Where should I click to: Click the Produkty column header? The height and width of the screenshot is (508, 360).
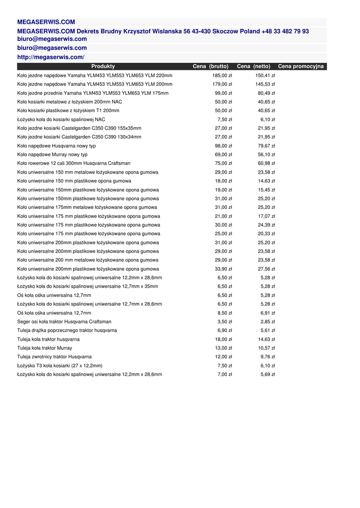[x=103, y=66]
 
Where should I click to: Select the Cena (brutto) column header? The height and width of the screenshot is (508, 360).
[x=211, y=66]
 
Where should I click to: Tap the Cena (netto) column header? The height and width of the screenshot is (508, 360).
[x=254, y=66]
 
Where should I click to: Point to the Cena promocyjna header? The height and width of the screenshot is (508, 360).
[x=301, y=66]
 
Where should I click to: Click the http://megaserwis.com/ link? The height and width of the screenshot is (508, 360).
[x=51, y=57]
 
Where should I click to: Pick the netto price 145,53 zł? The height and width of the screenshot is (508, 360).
[x=265, y=84]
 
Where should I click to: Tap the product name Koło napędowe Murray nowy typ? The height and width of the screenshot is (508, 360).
[x=52, y=155]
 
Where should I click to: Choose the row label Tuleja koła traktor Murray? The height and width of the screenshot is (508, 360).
[x=45, y=348]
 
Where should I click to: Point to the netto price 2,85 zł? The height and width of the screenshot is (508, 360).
[x=268, y=321]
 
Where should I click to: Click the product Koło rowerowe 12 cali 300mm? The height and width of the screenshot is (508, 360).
[x=74, y=163]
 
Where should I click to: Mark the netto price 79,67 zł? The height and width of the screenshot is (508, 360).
[x=266, y=146]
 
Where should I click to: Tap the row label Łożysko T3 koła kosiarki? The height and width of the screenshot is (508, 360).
[x=60, y=366]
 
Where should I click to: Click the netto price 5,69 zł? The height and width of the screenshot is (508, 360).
[x=268, y=375]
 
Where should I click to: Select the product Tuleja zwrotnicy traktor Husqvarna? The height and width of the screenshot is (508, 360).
[x=54, y=357]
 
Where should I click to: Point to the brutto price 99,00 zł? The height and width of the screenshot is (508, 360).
[x=223, y=93]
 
